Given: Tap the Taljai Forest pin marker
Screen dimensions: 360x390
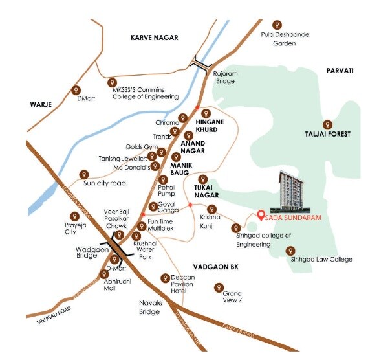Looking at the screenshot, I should (327, 124).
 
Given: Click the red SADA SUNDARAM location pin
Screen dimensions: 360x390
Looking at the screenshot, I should (259, 216).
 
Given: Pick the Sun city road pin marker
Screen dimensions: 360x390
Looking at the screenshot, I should (83, 174).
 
